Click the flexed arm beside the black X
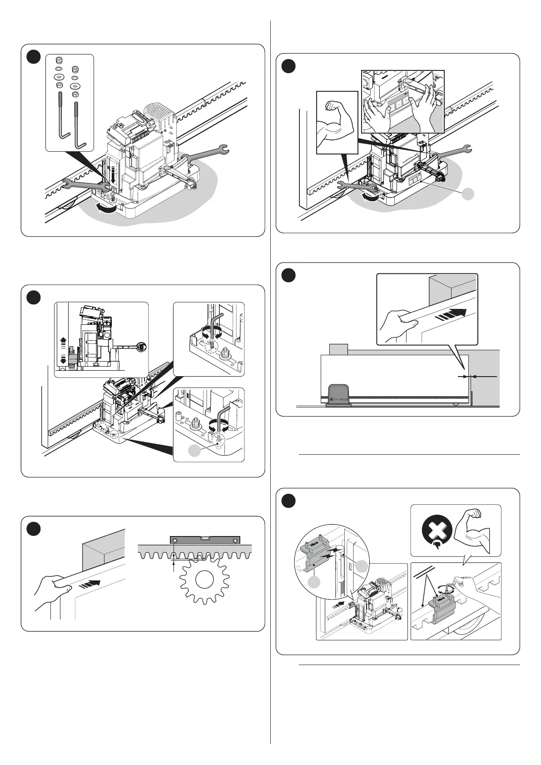[x=475, y=529]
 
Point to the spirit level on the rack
[x=204, y=540]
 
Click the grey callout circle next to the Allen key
[x=194, y=450]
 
